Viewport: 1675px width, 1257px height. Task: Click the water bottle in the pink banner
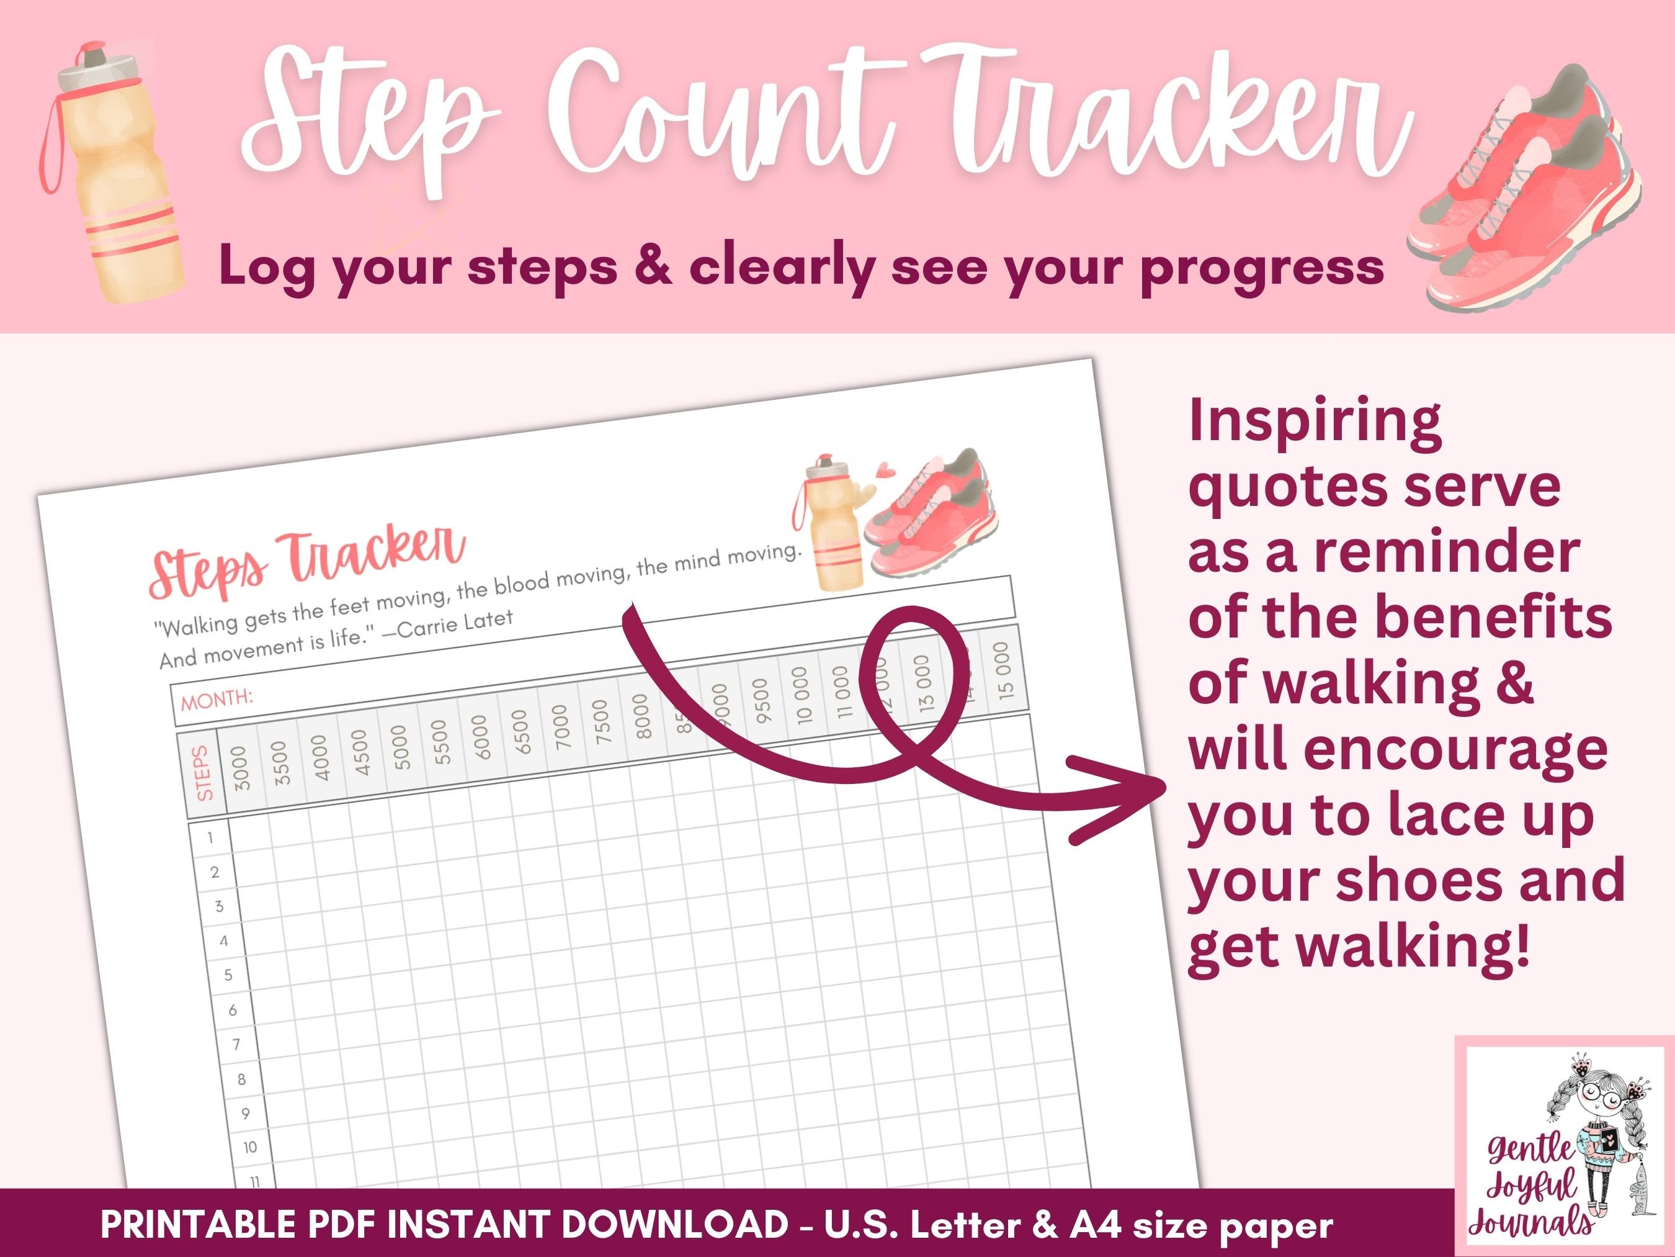pos(114,182)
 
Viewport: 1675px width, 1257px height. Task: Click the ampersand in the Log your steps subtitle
pos(653,267)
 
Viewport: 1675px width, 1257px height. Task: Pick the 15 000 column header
pos(1003,670)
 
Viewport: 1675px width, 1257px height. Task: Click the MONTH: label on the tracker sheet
pos(217,698)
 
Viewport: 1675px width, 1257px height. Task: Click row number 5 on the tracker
pos(228,975)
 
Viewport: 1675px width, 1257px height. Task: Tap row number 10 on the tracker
pos(249,1147)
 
